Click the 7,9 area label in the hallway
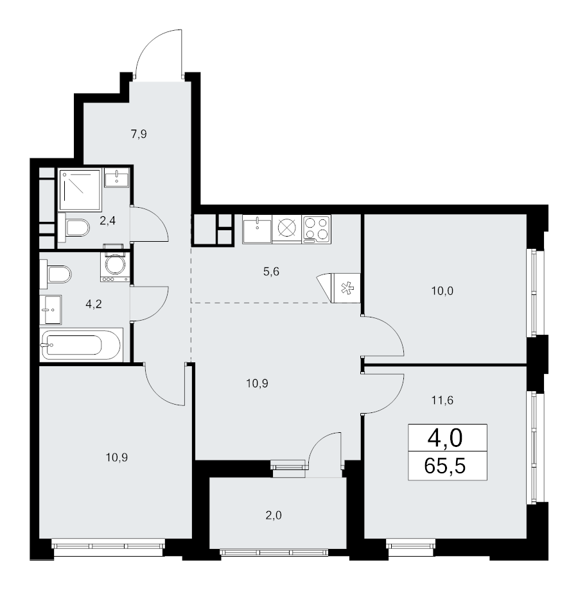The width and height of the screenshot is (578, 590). [139, 134]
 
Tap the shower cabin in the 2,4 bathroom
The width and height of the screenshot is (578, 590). [80, 190]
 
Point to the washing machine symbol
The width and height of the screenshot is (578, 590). [115, 265]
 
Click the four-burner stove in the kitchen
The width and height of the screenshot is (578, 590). [316, 229]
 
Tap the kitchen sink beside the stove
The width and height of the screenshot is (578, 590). [257, 229]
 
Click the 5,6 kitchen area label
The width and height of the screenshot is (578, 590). [271, 271]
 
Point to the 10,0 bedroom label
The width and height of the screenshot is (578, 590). [442, 291]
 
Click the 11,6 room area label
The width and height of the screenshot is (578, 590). [442, 400]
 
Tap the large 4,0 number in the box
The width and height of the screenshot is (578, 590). [444, 438]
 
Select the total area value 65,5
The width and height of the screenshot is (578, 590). [444, 466]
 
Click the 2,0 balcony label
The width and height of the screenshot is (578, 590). [274, 515]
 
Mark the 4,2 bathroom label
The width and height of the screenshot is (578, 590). [94, 304]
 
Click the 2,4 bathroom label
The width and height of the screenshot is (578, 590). [107, 221]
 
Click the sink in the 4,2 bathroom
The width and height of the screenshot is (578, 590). [51, 310]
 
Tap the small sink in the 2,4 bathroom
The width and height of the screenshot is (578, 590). [116, 177]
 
